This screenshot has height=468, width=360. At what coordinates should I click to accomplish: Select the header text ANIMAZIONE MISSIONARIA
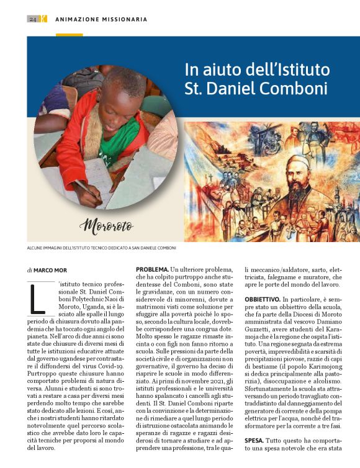coord(101,19)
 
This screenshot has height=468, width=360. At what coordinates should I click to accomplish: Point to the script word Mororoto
coord(107,225)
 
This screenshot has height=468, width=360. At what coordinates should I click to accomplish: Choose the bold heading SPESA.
coord(254,441)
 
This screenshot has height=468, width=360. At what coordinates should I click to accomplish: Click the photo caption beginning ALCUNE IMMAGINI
coord(101,248)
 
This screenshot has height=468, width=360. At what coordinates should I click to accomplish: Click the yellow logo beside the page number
coord(43,19)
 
